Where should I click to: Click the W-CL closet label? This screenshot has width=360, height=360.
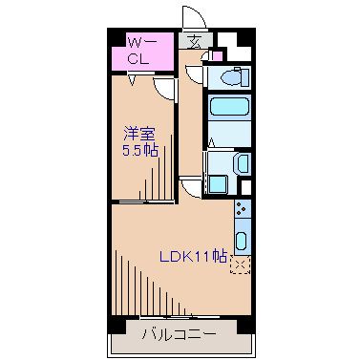140,50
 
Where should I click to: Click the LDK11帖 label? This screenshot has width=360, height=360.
193,255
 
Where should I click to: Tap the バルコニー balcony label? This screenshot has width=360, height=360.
179,334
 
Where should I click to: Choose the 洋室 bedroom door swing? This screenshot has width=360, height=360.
164,90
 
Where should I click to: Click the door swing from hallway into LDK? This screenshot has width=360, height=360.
192,188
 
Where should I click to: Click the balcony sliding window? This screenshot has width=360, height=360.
168,315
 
